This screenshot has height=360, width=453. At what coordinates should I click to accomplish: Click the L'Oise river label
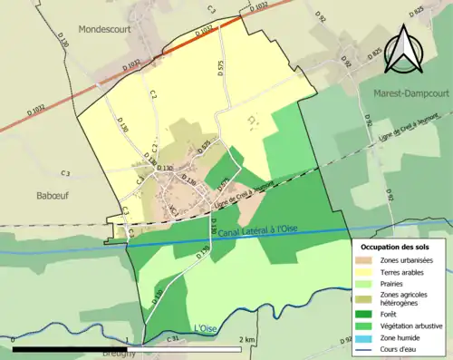(x=207, y=328)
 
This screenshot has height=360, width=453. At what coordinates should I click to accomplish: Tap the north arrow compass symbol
(x=402, y=48)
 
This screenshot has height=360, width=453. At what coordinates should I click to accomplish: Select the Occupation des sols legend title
(x=397, y=247)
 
